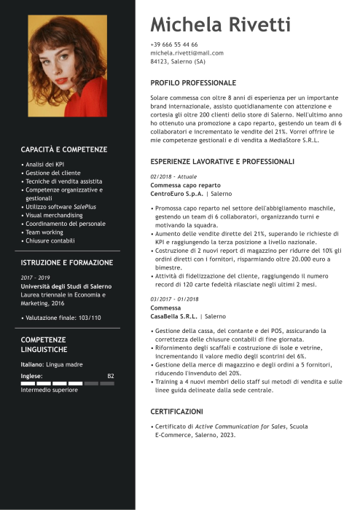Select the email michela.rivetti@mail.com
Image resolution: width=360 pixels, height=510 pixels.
[187, 53]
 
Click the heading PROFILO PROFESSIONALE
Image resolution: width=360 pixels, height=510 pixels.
[193, 83]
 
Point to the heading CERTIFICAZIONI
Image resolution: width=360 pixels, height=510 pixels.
[177, 411]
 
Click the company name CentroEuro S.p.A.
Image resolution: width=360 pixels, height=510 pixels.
[177, 194]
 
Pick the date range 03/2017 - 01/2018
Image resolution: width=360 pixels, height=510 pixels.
[175, 299]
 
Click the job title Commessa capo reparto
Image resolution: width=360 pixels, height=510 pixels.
[181, 185]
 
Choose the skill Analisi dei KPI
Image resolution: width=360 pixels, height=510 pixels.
[44, 165]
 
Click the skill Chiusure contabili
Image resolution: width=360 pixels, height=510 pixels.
[50, 240]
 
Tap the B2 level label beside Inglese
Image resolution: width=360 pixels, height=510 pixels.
[111, 376]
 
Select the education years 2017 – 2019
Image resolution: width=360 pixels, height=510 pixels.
[35, 278]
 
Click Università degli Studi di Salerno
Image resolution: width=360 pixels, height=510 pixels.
[65, 286]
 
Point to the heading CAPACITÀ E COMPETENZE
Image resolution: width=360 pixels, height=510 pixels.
[64, 149]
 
